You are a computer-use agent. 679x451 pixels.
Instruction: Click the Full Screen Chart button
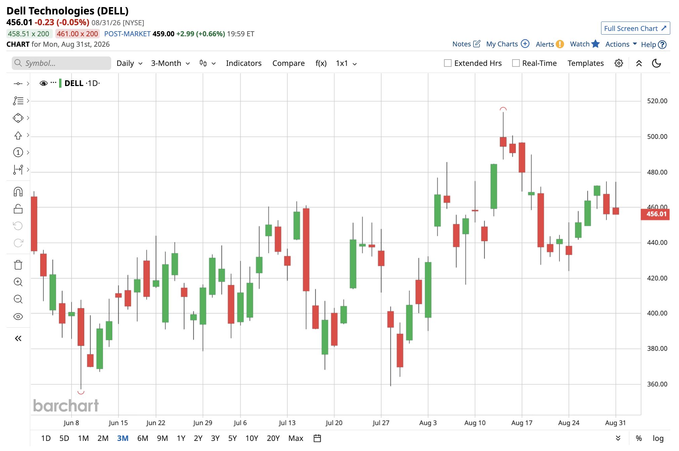(x=635, y=28)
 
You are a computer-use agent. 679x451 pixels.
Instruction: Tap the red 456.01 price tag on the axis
(x=655, y=214)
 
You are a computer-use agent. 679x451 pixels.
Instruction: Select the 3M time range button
(x=123, y=438)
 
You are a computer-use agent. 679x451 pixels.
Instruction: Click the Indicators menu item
(x=243, y=63)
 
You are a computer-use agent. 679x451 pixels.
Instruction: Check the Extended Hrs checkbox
(x=448, y=63)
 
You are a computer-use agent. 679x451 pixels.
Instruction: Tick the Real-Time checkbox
(x=516, y=63)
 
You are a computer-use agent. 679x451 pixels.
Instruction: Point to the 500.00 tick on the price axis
(x=657, y=136)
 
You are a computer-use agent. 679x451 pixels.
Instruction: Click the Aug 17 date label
(x=522, y=423)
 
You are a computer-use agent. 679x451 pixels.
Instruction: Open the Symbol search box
(x=61, y=63)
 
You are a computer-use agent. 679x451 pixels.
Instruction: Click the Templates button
(x=585, y=63)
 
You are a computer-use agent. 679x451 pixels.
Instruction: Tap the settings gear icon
(x=619, y=63)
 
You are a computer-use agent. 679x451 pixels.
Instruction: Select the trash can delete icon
(x=18, y=265)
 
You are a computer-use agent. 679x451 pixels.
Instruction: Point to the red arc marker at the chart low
(x=81, y=392)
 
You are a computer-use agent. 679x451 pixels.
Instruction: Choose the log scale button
(x=658, y=438)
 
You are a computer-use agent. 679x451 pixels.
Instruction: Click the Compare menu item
(x=288, y=63)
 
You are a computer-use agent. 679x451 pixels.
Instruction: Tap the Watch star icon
(x=595, y=44)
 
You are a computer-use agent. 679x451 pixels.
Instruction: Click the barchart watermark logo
(x=66, y=405)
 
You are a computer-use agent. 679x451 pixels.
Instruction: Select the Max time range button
(x=296, y=438)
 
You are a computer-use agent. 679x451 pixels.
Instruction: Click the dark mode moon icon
(x=656, y=63)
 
